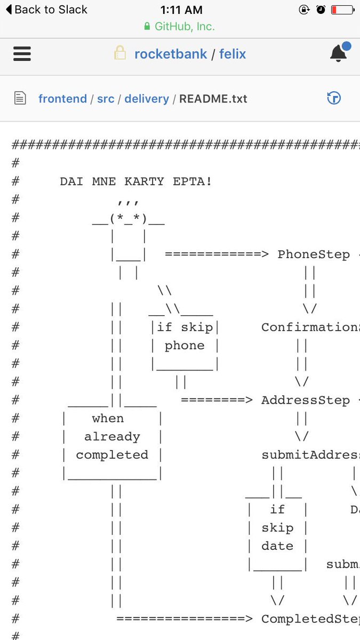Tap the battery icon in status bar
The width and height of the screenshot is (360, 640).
click(342, 10)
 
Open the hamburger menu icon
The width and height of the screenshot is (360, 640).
click(22, 54)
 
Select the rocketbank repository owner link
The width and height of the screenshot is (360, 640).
click(171, 54)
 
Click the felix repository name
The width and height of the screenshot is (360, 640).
click(233, 54)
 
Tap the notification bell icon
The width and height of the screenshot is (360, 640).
click(339, 53)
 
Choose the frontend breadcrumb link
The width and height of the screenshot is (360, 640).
click(62, 99)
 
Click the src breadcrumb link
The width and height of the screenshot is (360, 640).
click(106, 99)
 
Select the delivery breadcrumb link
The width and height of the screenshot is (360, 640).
click(147, 99)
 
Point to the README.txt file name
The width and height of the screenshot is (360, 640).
click(213, 99)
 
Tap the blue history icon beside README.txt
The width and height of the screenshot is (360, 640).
click(334, 98)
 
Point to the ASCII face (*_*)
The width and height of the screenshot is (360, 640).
click(128, 218)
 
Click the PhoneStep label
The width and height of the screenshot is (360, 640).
click(314, 254)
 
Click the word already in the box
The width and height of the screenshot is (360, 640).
click(112, 437)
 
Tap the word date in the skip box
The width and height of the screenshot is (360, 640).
click(277, 546)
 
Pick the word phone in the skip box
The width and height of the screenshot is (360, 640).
click(185, 346)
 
